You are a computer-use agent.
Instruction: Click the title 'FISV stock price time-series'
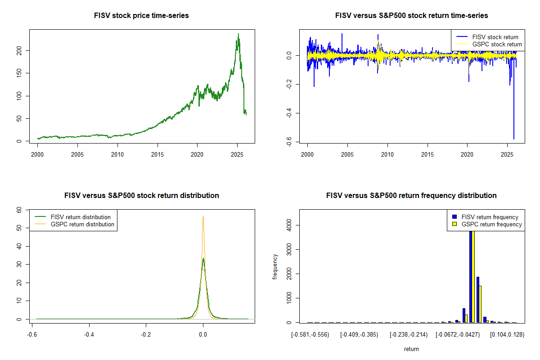(x=141, y=16)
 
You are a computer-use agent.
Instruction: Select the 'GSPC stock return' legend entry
(x=497, y=44)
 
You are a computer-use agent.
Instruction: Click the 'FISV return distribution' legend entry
(x=81, y=217)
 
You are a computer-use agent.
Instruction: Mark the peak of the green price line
(x=238, y=34)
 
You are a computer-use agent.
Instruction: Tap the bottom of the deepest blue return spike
(x=513, y=139)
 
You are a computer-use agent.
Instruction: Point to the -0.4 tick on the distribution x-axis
(x=89, y=335)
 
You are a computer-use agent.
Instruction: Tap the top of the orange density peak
(x=203, y=216)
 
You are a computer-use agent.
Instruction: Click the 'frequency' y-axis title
(x=275, y=266)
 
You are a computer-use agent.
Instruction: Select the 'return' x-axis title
(x=411, y=349)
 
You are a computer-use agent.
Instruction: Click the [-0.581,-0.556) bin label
(x=310, y=335)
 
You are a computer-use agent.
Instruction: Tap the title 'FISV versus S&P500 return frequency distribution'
(x=411, y=196)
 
